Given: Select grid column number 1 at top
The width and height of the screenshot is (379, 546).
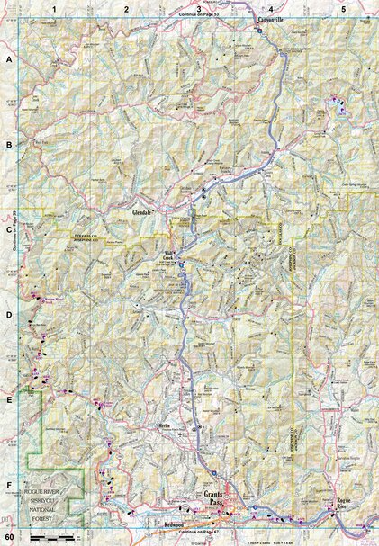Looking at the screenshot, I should [55, 8].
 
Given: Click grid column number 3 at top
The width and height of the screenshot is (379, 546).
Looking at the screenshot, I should [186, 8].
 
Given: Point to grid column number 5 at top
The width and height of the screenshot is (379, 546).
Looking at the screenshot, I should [343, 8].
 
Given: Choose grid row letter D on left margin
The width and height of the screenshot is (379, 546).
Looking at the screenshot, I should [9, 315].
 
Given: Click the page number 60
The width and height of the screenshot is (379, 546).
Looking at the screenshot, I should [8, 538].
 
